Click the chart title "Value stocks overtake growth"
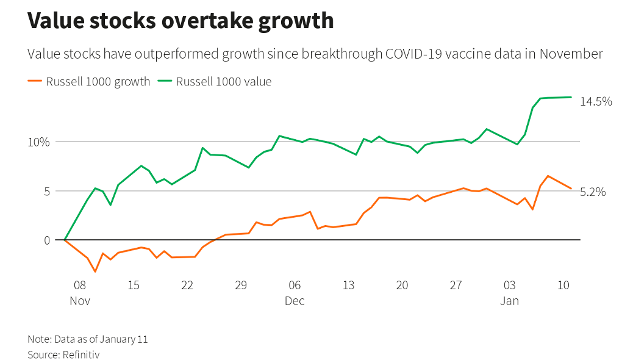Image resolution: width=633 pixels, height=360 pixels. click(181, 21)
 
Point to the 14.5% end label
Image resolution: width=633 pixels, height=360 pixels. click(595, 102)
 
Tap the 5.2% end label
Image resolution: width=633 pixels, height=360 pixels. click(592, 192)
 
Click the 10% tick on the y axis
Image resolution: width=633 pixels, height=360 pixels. click(39, 142)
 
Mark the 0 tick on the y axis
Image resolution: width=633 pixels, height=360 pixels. click(45, 240)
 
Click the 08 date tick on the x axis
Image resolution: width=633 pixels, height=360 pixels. click(80, 285)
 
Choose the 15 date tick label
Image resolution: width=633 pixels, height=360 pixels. click(134, 285)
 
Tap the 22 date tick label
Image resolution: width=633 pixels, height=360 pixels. click(187, 285)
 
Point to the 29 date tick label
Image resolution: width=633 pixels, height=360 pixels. click(241, 285)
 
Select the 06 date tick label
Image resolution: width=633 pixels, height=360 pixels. click(295, 285)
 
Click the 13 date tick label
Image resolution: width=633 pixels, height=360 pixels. click(348, 285)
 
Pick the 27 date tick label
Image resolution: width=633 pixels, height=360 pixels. click(456, 285)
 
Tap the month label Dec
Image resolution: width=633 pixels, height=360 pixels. click(295, 301)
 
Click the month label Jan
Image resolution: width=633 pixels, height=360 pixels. click(509, 301)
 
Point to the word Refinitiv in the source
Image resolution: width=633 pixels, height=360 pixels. click(81, 354)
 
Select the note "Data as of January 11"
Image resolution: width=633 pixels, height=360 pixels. click(101, 339)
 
